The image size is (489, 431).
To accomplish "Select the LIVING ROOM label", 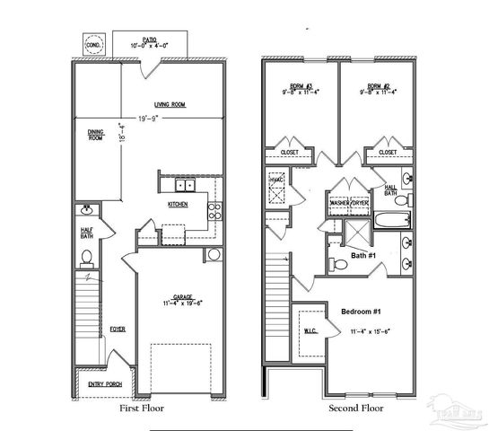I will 169,104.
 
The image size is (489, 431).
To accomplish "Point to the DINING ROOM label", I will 95,136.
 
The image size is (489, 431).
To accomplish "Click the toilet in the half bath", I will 88,258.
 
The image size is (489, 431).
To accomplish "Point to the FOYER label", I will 118,329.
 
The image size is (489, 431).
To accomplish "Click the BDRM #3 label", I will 301,86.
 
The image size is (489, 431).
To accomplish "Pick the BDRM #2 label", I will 379,86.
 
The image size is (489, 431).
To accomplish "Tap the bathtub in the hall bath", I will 392,218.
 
